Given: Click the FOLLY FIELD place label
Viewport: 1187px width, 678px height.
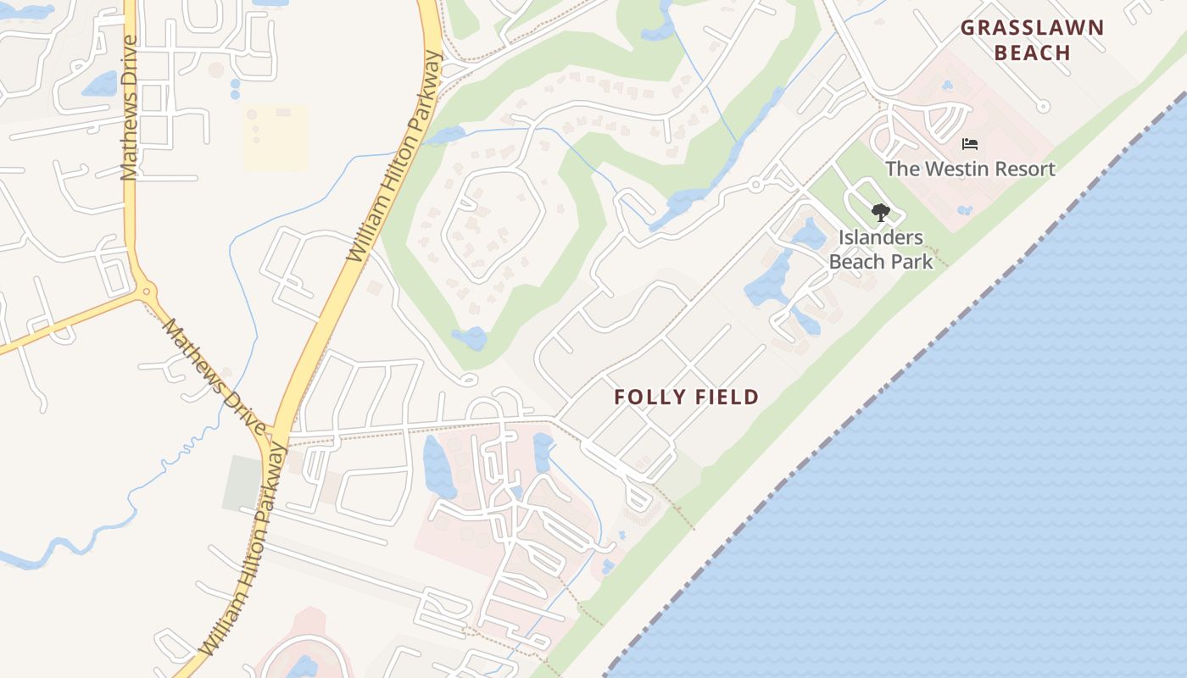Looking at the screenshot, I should tap(686, 397).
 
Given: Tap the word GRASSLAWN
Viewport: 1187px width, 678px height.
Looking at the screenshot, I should tap(1032, 28).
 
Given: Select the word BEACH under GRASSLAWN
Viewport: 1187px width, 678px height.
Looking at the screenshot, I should tap(1032, 53).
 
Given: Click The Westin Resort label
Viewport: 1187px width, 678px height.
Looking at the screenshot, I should tap(970, 169).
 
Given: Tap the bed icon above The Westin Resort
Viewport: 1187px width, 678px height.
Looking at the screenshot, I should tap(970, 144).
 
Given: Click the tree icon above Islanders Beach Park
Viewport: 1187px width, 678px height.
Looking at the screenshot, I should tap(881, 212).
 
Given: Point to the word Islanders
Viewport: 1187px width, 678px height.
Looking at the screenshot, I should tap(881, 237).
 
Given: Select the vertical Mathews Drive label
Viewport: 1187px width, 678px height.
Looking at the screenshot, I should tap(129, 108).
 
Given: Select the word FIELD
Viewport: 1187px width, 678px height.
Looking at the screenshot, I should tap(725, 397).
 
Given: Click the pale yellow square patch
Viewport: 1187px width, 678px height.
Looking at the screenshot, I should tap(275, 137).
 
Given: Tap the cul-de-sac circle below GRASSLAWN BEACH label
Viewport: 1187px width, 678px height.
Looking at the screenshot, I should tap(1044, 106).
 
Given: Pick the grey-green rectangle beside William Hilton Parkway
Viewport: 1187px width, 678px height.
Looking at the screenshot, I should tap(242, 483).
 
